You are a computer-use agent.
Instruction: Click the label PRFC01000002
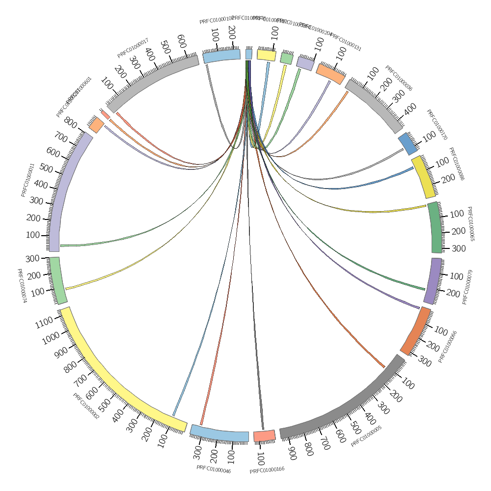[x=86, y=406]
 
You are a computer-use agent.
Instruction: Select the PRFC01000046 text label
[x=214, y=469]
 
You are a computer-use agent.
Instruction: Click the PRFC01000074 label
[x=21, y=286]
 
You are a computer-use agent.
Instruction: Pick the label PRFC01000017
[x=133, y=48]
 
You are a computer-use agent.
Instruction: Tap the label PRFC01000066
[x=448, y=347]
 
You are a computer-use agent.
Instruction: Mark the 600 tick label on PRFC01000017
[x=181, y=40]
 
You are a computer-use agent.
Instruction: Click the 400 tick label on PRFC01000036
[x=410, y=108]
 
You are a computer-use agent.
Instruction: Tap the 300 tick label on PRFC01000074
[x=32, y=259]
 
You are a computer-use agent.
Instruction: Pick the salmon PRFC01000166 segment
[x=264, y=436]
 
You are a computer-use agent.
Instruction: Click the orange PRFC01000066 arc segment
[x=415, y=331]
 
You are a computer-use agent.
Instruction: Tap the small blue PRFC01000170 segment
[x=408, y=143]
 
